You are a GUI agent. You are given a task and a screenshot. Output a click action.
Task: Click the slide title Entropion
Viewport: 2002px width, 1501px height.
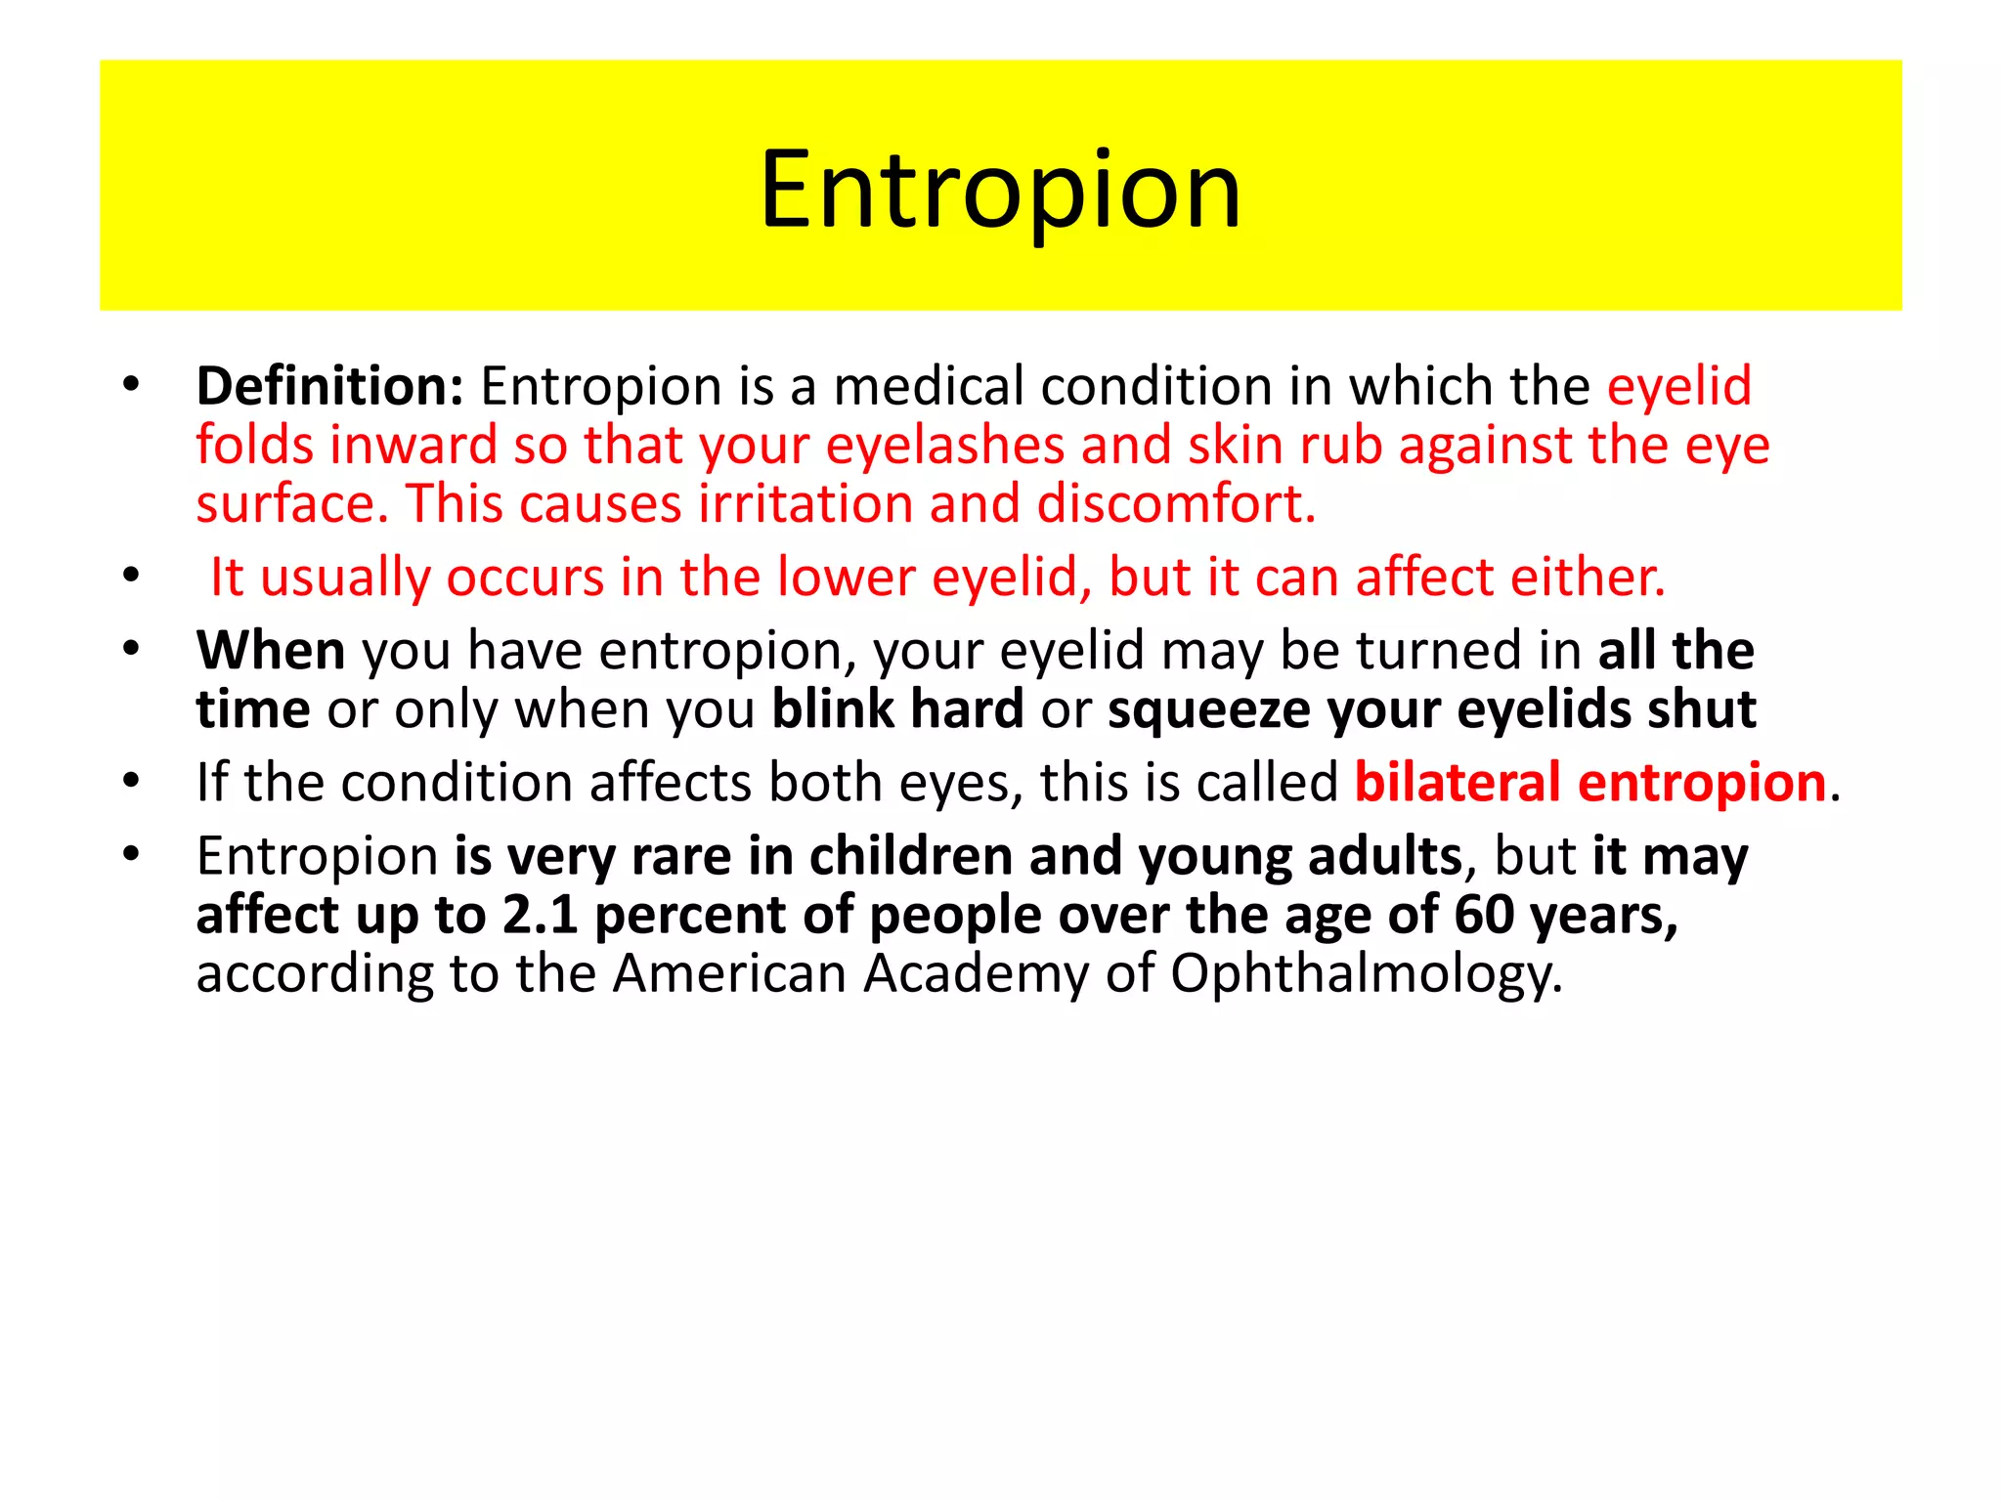click(1000, 190)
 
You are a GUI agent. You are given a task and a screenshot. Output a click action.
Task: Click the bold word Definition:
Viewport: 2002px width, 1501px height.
click(329, 386)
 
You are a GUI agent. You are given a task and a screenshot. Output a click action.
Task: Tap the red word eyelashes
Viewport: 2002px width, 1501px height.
click(944, 446)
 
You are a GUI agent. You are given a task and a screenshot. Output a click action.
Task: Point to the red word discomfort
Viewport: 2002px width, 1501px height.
click(1175, 504)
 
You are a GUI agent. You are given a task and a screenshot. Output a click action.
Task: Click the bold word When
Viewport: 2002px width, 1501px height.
click(271, 650)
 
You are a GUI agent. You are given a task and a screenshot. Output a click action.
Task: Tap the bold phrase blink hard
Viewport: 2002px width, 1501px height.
click(897, 708)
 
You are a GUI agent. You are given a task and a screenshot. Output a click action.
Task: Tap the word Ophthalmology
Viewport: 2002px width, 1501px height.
click(1366, 974)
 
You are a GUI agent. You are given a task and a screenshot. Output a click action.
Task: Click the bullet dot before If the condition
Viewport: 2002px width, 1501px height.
click(132, 782)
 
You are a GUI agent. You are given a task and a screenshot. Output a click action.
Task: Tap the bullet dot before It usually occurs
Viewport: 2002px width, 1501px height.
click(132, 577)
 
